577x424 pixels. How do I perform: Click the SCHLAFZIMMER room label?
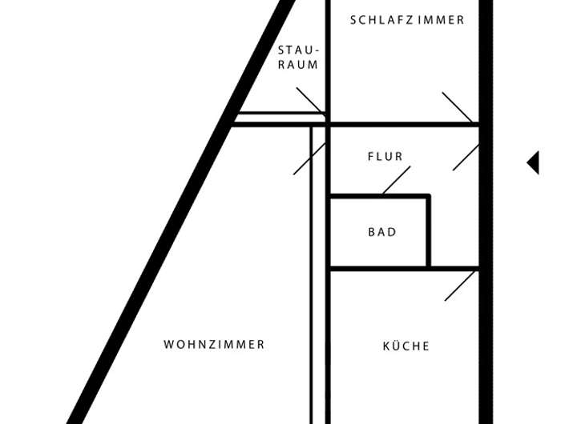407,20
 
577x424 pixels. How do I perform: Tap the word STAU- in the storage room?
298,49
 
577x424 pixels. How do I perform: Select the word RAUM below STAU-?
298,65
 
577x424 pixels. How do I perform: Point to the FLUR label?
385,157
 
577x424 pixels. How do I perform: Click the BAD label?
382,232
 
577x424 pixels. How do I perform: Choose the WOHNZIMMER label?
214,345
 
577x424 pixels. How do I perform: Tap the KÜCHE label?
406,346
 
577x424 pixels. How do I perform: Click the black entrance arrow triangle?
533,162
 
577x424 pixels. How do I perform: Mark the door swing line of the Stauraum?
309,100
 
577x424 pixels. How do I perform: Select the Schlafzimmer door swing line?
457,107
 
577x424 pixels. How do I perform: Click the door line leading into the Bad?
396,180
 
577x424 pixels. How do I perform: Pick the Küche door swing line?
460,286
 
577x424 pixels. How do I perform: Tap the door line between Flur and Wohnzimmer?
309,158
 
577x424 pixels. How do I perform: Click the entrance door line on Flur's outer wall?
466,157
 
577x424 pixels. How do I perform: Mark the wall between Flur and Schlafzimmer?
401,124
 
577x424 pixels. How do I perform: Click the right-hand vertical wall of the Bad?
429,232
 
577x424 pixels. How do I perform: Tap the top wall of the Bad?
378,195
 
